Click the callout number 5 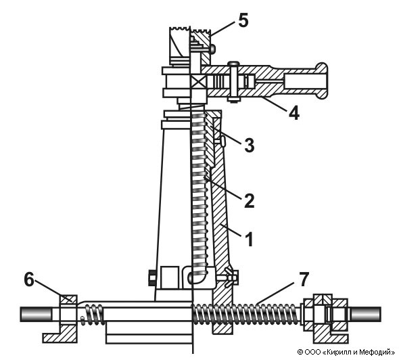pyautogui.click(x=243, y=20)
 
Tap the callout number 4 pyautogui.click(x=294, y=112)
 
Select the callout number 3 pyautogui.click(x=249, y=145)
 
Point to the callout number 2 pyautogui.click(x=249, y=200)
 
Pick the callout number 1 pyautogui.click(x=249, y=240)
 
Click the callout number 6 pyautogui.click(x=29, y=279)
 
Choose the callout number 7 pyautogui.click(x=304, y=279)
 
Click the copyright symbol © pyautogui.click(x=300, y=353)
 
